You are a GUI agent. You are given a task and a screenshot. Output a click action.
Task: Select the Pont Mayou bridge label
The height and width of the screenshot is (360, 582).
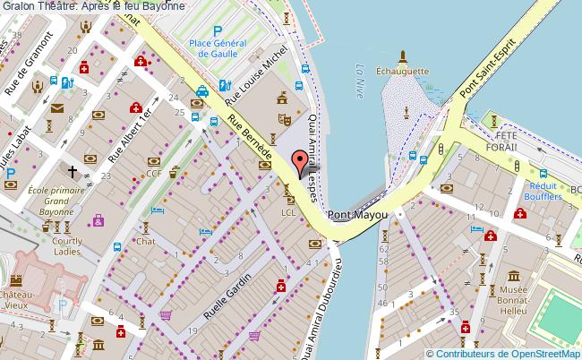pyautogui.click(x=357, y=216)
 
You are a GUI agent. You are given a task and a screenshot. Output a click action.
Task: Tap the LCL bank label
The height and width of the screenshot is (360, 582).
pyautogui.click(x=287, y=213)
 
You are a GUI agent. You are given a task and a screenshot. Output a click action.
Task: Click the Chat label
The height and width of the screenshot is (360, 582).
pyautogui.click(x=146, y=242)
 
